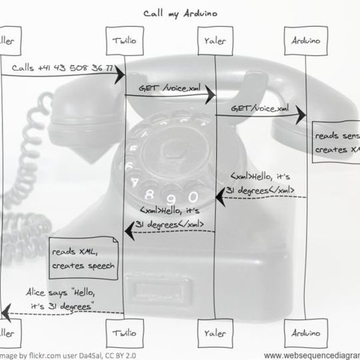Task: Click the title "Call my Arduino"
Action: (180, 12)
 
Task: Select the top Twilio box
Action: (124, 41)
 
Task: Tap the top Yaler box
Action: (215, 41)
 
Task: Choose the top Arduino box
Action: (305, 41)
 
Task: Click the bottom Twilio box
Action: (124, 331)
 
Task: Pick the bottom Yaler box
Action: (215, 331)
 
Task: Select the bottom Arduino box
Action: (305, 331)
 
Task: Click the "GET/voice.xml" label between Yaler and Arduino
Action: (259, 109)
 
